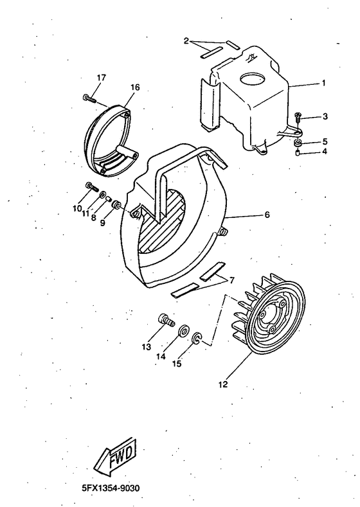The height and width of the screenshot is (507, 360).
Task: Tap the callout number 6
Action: point(266,216)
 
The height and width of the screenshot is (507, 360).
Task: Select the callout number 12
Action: point(222,386)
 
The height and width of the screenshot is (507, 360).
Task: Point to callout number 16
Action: point(135,86)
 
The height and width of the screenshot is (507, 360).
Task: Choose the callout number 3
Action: point(325,116)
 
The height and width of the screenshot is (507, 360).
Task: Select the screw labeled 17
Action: point(89,98)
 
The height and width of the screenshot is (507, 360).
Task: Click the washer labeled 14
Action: point(183,330)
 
